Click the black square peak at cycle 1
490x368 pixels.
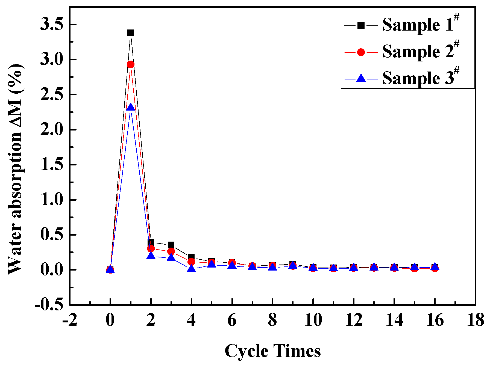point(131,33)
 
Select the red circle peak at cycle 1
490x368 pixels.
point(131,64)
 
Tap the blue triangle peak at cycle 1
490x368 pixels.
point(131,107)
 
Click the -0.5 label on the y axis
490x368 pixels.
point(48,305)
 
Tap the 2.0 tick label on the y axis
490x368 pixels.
point(52,130)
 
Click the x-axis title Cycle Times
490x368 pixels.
point(272,351)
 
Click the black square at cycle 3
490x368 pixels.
point(171,245)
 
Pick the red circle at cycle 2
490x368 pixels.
point(151,248)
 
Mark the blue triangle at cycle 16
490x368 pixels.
point(435,266)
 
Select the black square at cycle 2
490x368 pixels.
point(151,242)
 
